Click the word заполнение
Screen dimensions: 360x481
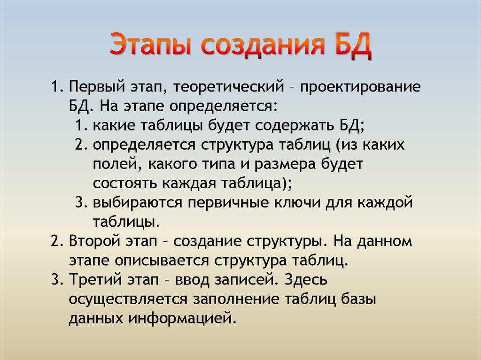point(239,299)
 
